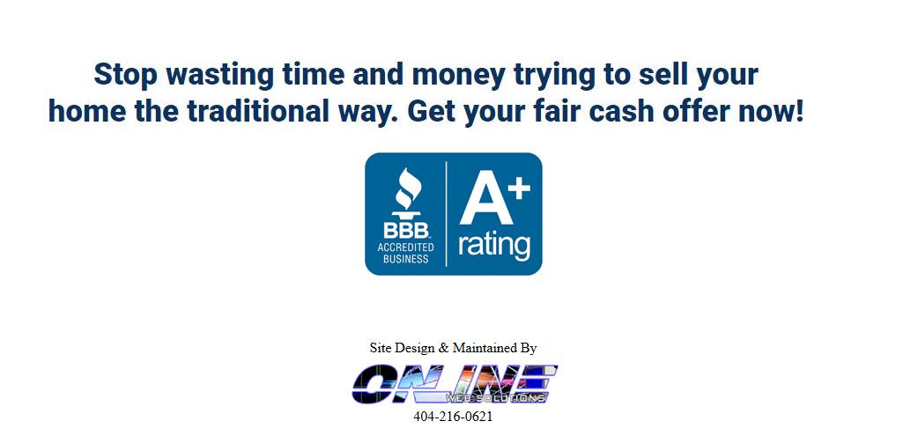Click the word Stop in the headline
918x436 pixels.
125,74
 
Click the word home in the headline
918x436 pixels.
86,111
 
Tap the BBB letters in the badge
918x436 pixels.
405,230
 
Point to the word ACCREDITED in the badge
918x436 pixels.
405,247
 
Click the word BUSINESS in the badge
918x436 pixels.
405,258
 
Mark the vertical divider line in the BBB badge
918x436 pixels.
447,214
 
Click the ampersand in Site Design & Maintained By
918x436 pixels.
443,348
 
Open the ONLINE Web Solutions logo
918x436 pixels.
455,384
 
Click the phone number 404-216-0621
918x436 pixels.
453,417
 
